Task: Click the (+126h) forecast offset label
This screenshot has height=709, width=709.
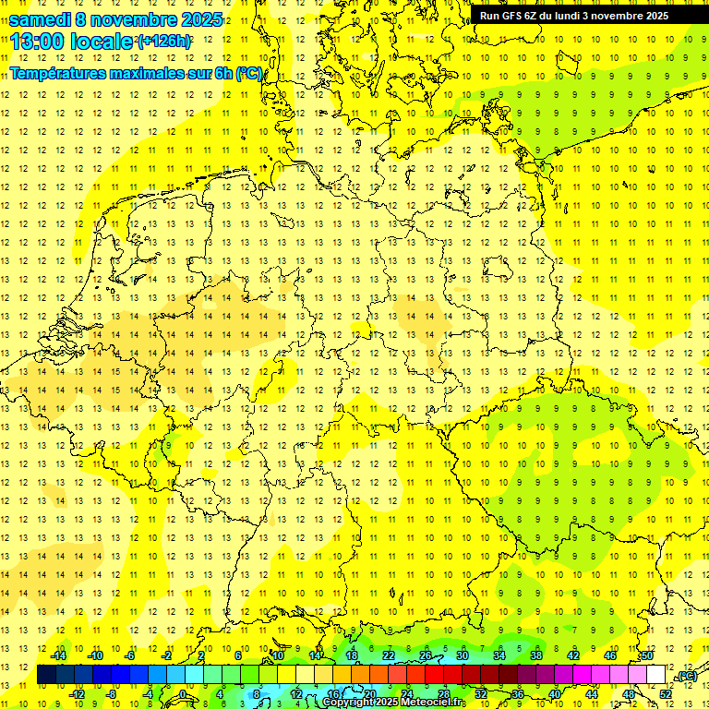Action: pos(164,42)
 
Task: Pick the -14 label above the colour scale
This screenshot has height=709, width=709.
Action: pos(59,655)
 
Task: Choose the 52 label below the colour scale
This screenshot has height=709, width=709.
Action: pos(666,693)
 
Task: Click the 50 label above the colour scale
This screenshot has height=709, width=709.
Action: pos(647,655)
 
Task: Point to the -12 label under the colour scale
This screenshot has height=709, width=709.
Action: pos(78,693)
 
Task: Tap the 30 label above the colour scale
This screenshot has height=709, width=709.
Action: pos(463,655)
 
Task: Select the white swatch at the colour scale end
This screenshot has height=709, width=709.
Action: pos(655,675)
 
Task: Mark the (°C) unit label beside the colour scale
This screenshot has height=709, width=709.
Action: pos(686,677)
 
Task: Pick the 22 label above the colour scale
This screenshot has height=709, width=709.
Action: pos(389,655)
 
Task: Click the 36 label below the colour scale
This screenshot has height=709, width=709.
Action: pos(518,693)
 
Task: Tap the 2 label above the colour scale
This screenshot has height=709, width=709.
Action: pos(201,655)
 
